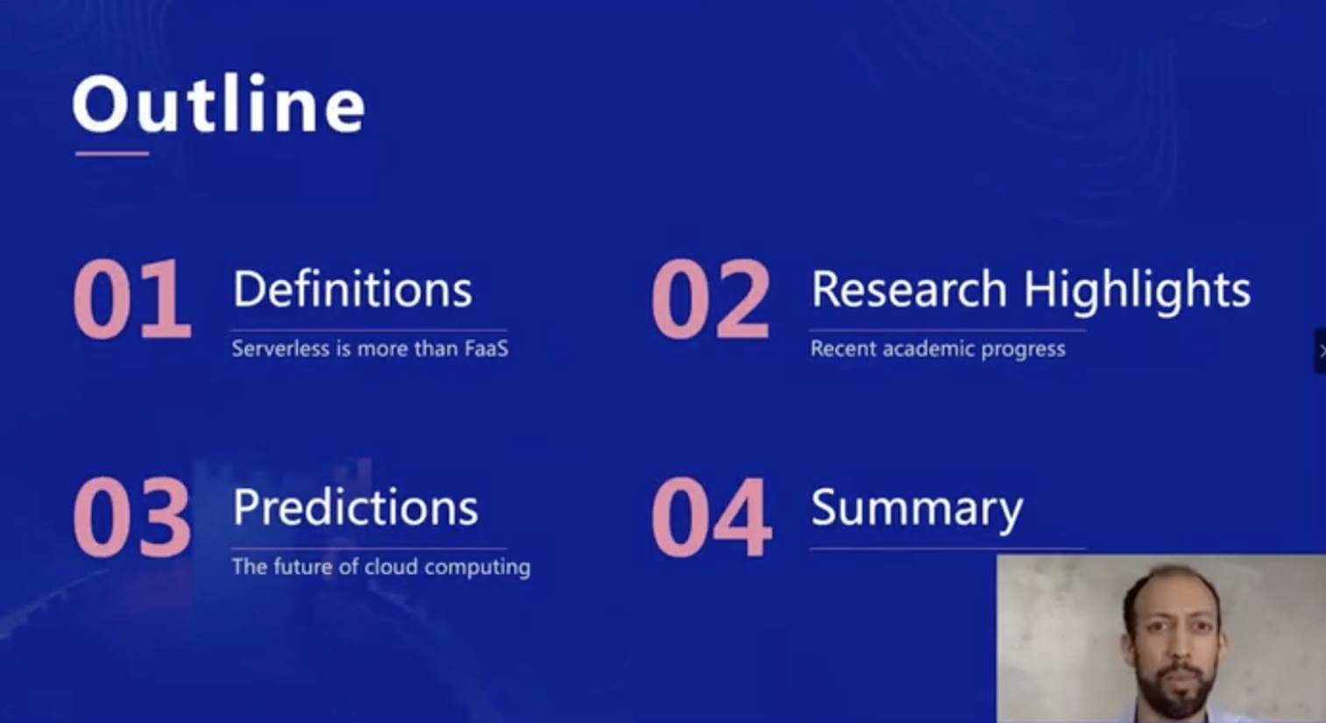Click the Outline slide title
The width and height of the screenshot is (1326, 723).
[218, 104]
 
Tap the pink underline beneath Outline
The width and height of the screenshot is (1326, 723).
[112, 153]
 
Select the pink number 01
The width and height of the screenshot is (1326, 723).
[132, 299]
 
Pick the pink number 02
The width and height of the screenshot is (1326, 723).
[711, 299]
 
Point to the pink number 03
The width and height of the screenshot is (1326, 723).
[132, 517]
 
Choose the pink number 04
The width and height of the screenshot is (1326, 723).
[711, 517]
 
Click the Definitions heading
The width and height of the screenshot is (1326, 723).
[353, 289]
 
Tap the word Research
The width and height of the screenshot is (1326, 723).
[909, 289]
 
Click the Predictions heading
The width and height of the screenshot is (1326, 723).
[355, 507]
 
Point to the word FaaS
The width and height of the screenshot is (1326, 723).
[486, 348]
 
